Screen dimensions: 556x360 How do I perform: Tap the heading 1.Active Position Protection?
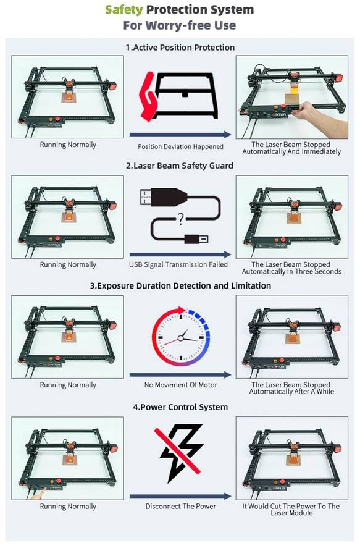pos(180,48)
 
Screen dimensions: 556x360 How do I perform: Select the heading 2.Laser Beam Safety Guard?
pos(180,166)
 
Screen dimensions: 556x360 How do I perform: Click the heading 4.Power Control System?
pos(180,407)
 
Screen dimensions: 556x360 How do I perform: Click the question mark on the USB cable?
pos(180,217)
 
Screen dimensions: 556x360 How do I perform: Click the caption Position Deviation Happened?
pos(180,146)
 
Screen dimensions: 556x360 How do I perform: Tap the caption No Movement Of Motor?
pos(180,385)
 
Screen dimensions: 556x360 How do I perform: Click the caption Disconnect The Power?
pos(180,506)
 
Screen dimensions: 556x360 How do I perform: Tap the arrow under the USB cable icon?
pos(180,254)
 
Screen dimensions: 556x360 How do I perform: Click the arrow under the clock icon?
pos(180,374)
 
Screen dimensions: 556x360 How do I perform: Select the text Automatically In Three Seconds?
pos(291,272)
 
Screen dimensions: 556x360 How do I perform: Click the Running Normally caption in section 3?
pos(68,385)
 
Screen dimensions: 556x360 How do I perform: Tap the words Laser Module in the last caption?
pos(291,513)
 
